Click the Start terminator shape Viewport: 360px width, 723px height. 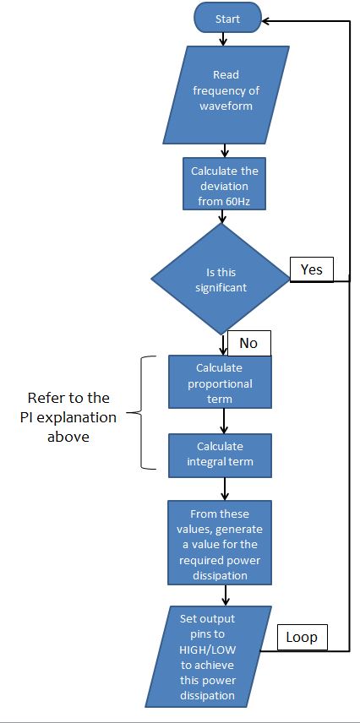(227, 19)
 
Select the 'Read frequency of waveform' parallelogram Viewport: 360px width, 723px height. (226, 95)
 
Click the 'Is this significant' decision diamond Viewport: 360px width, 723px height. (221, 280)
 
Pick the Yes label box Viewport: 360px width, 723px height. (312, 269)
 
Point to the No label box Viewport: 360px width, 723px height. (249, 343)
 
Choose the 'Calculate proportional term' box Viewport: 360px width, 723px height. (220, 382)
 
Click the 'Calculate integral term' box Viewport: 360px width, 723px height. (220, 455)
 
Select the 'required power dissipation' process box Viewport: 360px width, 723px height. (220, 543)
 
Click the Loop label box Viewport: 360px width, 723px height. (302, 637)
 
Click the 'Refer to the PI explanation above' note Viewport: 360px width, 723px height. (68, 417)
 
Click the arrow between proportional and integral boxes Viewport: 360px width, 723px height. (224, 421)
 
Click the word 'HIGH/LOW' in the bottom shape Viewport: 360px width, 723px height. (206, 650)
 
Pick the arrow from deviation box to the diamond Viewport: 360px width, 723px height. (224, 217)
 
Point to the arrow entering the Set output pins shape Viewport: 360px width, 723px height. (226, 595)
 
